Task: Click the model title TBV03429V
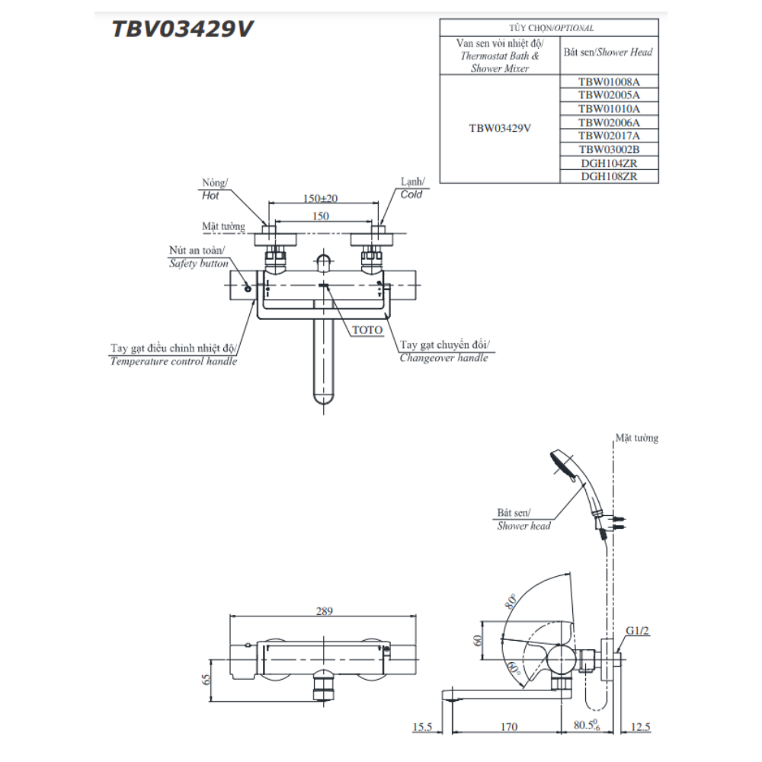pos(183,29)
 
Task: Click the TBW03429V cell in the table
pos(499,128)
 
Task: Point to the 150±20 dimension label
pos(320,198)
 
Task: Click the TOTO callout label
pos(367,330)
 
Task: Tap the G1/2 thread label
pos(638,631)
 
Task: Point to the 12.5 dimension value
pos(641,728)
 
